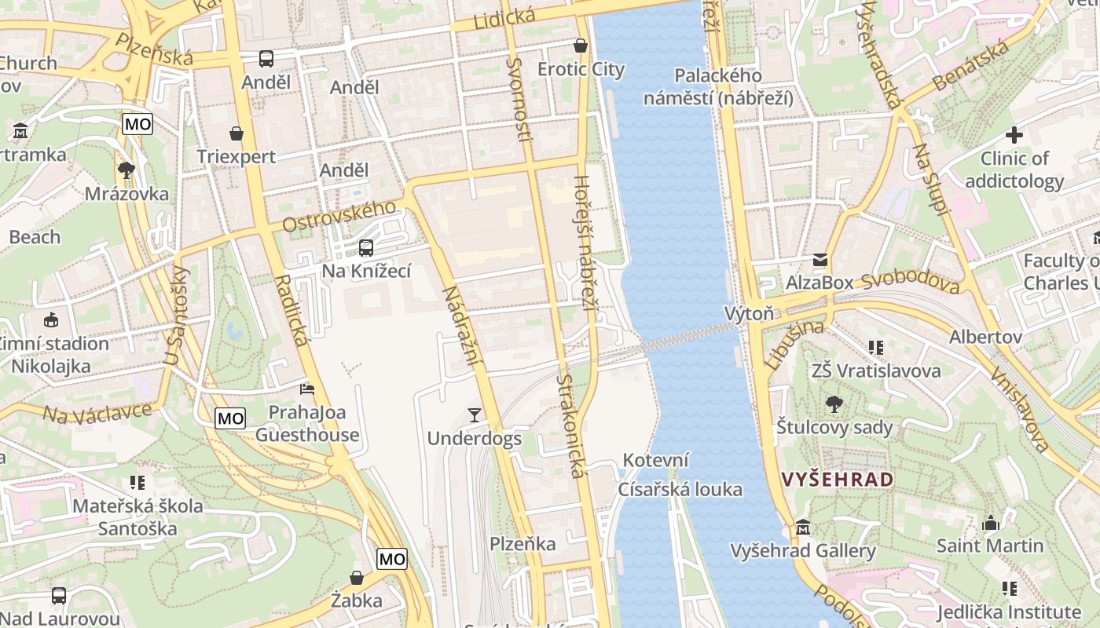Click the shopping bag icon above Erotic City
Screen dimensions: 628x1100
[581, 46]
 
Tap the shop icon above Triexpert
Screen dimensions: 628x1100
[236, 133]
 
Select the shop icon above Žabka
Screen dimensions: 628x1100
[357, 579]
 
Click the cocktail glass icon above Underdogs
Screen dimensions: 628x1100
[474, 414]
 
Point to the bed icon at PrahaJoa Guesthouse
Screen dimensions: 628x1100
[307, 389]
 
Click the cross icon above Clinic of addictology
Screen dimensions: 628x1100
[1014, 135]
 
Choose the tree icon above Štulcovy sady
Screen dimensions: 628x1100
[834, 404]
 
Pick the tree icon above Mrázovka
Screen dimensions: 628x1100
[126, 170]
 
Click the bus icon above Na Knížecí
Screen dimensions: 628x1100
[365, 248]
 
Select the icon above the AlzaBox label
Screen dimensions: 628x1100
[820, 259]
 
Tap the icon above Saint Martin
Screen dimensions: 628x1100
[991, 522]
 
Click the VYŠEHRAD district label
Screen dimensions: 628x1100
[838, 480]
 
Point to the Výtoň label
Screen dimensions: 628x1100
[749, 314]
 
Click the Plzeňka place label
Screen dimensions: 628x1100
[522, 543]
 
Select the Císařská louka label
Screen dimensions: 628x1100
[680, 490]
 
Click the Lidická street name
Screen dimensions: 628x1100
[504, 17]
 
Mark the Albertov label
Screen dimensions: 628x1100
[985, 337]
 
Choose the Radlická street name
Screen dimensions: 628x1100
[291, 311]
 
